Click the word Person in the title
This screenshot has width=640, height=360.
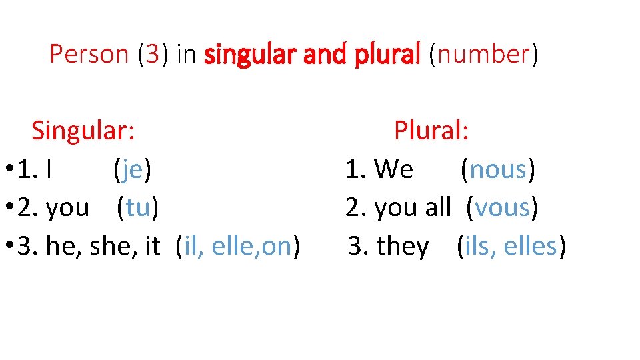(89, 54)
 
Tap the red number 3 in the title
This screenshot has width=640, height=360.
(153, 54)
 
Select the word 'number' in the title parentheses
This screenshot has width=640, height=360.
(483, 54)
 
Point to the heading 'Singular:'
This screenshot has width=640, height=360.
(84, 131)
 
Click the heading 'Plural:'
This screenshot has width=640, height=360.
(431, 131)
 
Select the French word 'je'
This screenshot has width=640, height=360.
(133, 170)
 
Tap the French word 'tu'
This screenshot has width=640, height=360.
(137, 208)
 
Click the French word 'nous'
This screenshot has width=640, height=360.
(498, 170)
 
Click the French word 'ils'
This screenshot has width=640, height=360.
(477, 246)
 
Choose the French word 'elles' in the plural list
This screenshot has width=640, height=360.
(530, 246)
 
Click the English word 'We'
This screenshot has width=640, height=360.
(393, 170)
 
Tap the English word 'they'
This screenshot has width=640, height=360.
(403, 247)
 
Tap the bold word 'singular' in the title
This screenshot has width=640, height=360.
(250, 55)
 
